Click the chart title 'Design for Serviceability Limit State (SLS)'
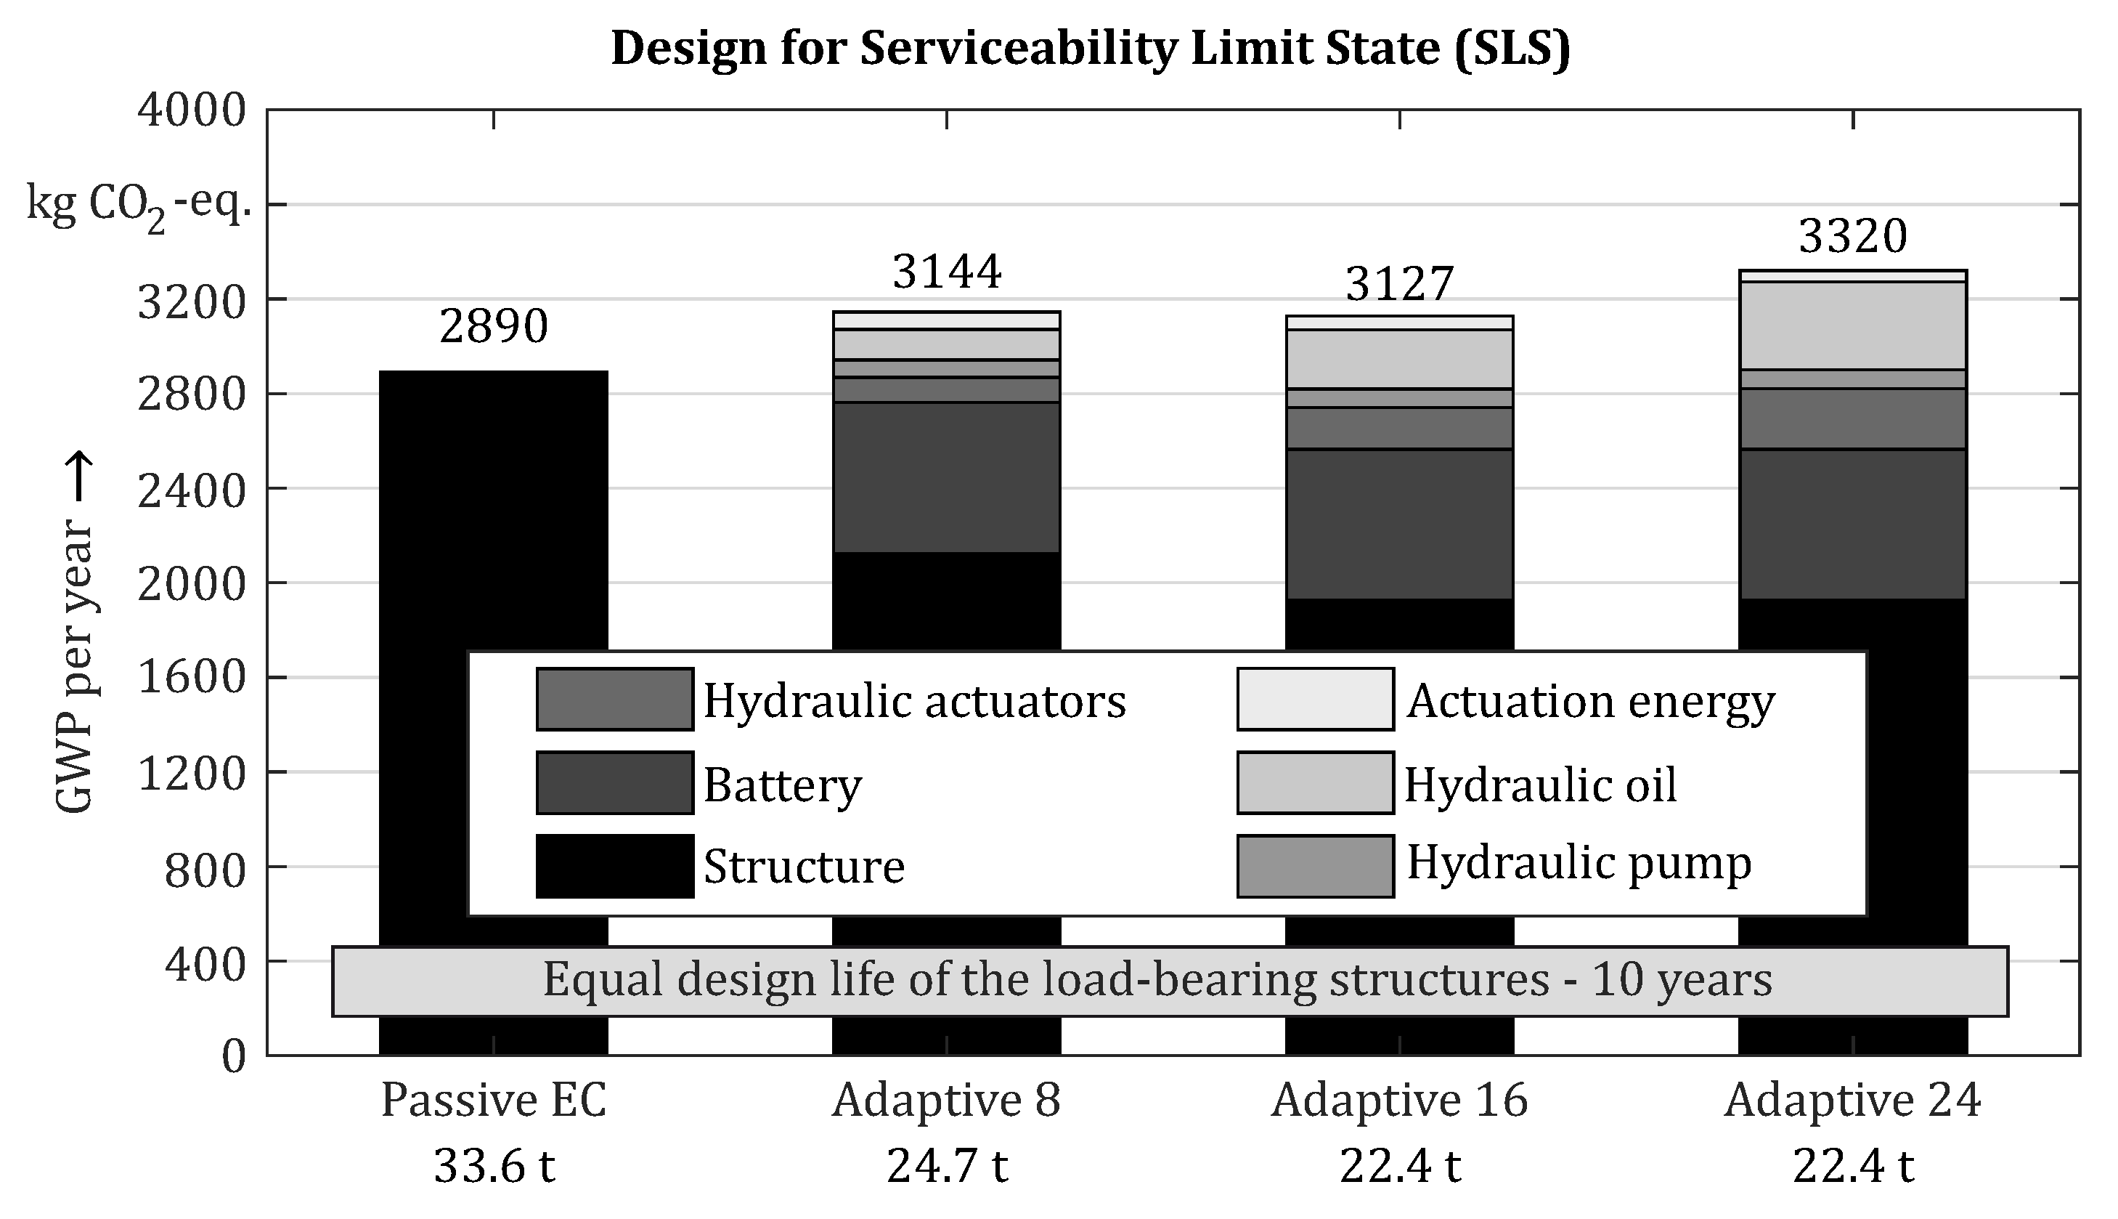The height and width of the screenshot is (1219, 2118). click(x=1091, y=49)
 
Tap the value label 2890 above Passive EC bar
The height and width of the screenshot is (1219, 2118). click(x=493, y=326)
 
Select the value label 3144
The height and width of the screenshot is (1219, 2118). click(x=946, y=272)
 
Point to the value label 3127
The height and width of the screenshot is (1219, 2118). click(x=1399, y=284)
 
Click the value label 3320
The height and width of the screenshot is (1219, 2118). click(x=1853, y=236)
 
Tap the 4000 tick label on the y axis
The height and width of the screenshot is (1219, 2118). click(x=192, y=110)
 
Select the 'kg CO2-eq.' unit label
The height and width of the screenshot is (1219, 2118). click(x=138, y=205)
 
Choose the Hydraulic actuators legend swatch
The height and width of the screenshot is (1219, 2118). click(x=614, y=699)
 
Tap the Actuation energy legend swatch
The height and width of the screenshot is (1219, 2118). click(x=1315, y=699)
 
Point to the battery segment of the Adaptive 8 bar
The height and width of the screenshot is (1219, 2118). click(x=946, y=477)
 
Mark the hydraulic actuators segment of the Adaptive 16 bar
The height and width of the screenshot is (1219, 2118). click(x=1399, y=428)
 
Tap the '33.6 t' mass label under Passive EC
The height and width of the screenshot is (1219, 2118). click(x=493, y=1166)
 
